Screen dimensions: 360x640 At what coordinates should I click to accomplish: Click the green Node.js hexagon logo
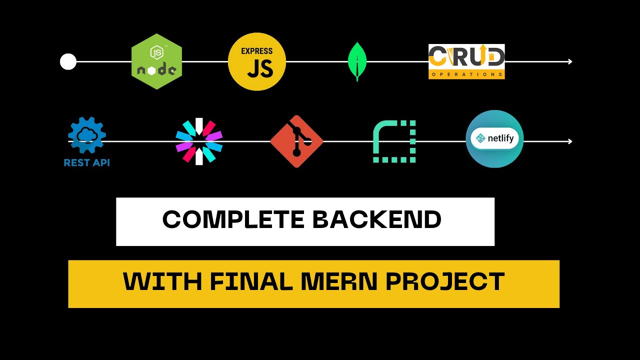[x=156, y=61]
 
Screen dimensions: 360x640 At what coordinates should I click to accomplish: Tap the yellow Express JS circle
[x=257, y=61]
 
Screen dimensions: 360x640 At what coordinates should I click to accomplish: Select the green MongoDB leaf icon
[x=357, y=61]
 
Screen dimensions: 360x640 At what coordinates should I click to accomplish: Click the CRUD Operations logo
[x=466, y=61]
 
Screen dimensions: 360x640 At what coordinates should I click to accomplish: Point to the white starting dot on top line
[x=68, y=62]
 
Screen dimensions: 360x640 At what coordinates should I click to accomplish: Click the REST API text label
[x=87, y=162]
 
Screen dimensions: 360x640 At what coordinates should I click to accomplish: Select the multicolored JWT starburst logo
[x=199, y=141]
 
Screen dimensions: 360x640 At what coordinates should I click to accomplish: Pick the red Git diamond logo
[x=296, y=141]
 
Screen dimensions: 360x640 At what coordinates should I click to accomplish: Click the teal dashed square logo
[x=394, y=141]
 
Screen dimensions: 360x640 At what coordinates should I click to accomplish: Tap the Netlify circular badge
[x=494, y=139]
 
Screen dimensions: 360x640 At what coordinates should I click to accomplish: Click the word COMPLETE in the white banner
[x=233, y=220]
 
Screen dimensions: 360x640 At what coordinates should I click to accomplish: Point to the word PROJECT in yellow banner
[x=445, y=282]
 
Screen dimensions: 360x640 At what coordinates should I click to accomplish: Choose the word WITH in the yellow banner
[x=163, y=282]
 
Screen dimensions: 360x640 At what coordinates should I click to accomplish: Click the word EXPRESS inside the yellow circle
[x=257, y=51]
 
